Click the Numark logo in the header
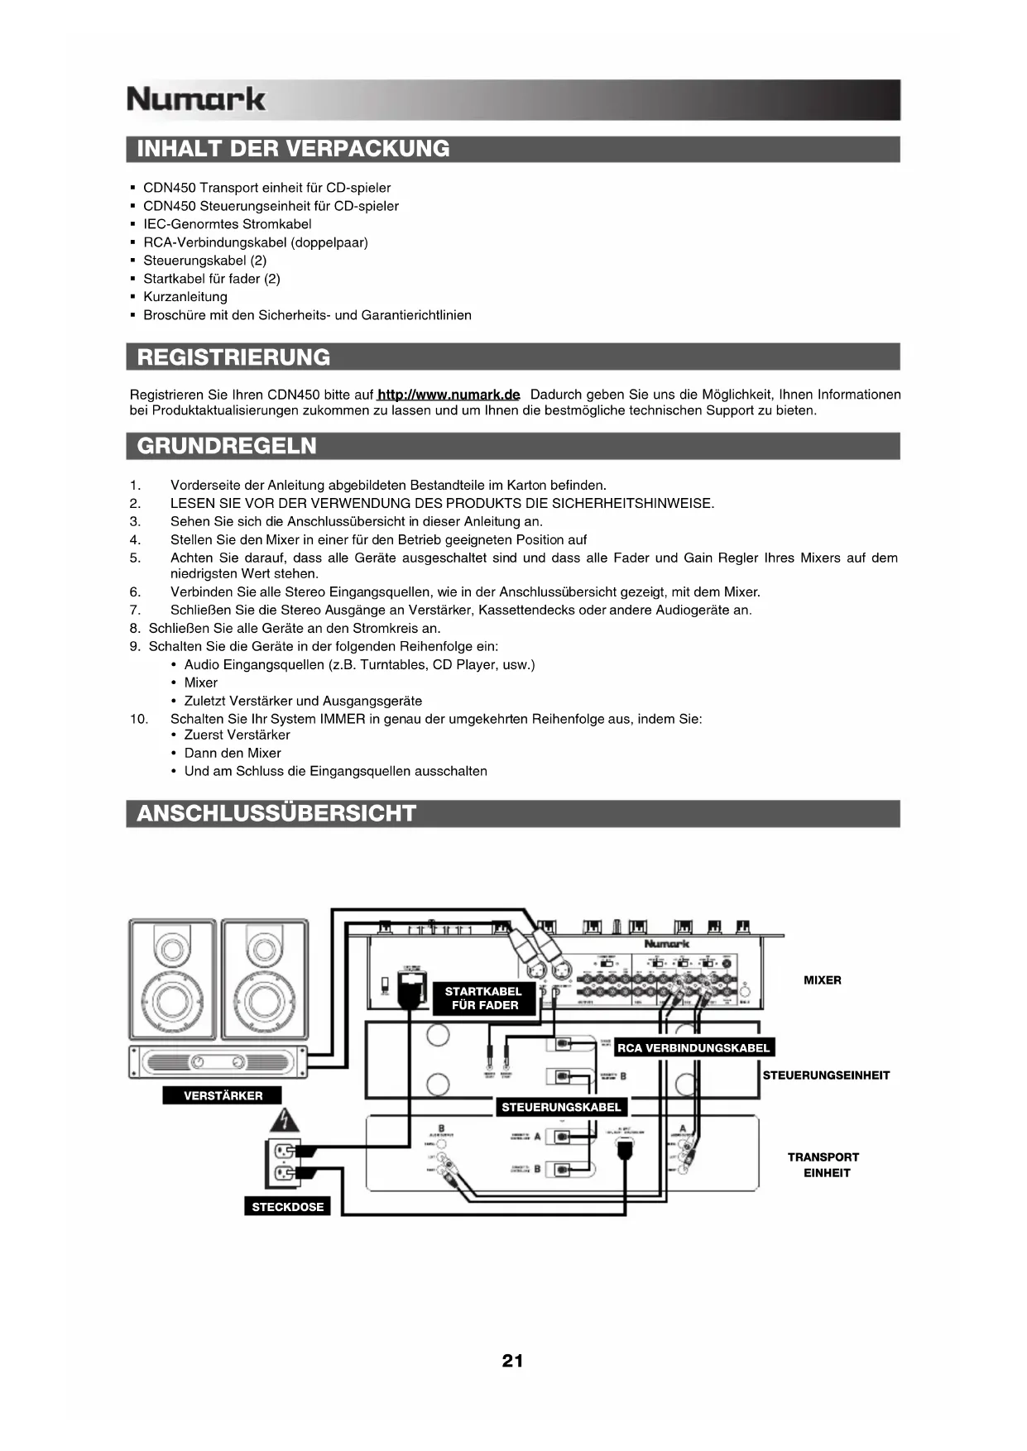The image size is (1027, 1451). [x=196, y=99]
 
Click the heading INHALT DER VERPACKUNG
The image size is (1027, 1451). [x=293, y=149]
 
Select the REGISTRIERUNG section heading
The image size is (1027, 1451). [x=233, y=357]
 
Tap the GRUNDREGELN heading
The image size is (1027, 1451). [x=227, y=446]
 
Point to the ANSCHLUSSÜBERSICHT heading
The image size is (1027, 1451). [x=276, y=813]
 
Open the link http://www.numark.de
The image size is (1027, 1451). [x=449, y=395]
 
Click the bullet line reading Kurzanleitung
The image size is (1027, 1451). [x=185, y=297]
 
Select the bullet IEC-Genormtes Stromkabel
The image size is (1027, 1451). [x=228, y=224]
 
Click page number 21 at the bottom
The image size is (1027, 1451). [x=512, y=1361]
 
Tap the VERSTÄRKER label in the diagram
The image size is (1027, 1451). [x=223, y=1095]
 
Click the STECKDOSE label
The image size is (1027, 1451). [x=288, y=1207]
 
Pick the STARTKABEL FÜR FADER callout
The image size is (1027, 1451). [x=484, y=998]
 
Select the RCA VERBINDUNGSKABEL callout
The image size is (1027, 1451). [x=693, y=1048]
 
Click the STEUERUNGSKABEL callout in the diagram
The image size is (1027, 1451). [x=561, y=1107]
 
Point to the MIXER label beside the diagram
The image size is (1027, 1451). [x=822, y=980]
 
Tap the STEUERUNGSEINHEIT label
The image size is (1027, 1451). [x=826, y=1075]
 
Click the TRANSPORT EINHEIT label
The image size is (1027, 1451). [x=823, y=1165]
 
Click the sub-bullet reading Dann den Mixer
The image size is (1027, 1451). [x=233, y=753]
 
